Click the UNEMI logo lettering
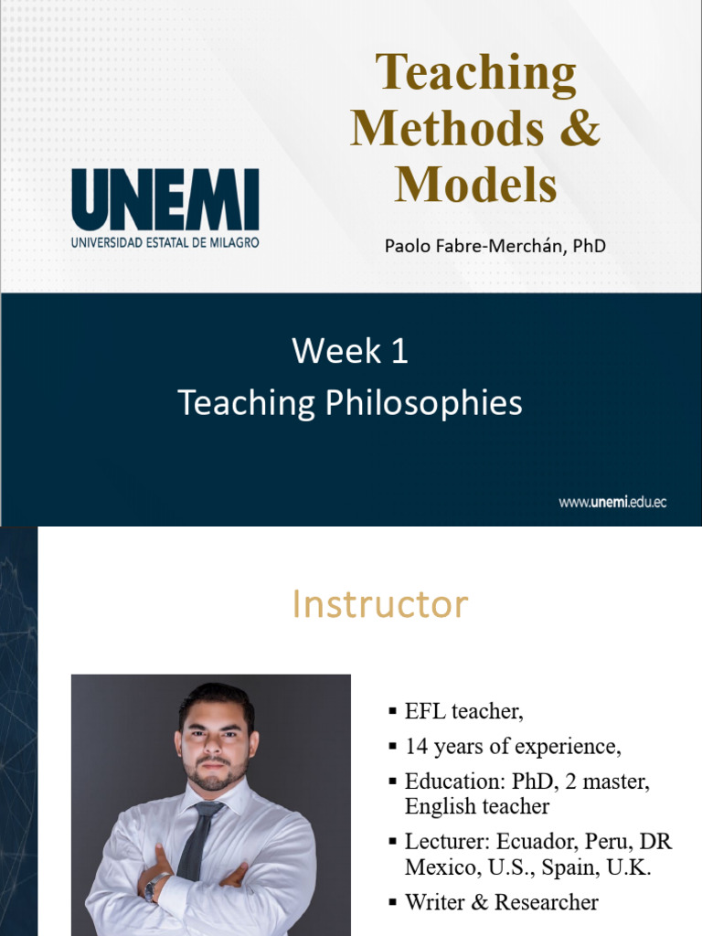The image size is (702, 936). coord(165,198)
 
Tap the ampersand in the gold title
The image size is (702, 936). coord(580,128)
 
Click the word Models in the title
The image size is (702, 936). coord(475,184)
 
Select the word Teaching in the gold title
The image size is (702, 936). coord(475,74)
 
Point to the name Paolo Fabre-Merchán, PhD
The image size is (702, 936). coord(495,245)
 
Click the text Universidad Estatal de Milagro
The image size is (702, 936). coord(165,242)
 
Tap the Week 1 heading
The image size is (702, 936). coord(350,350)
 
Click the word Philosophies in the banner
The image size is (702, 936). coord(423,403)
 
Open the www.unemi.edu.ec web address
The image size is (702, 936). coord(612,502)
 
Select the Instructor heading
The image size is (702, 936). coord(379,603)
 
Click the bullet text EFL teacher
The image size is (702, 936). coord(463,711)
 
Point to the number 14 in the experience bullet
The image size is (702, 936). coord(417,746)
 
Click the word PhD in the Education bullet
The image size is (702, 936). coord(534,781)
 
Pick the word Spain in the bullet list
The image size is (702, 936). coord(570,867)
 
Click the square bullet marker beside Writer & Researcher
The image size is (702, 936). coord(392,902)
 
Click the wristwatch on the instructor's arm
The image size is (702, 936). coord(155,886)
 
